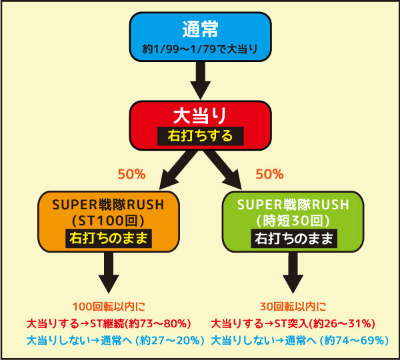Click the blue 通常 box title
click(200, 29)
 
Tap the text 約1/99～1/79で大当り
click(200, 49)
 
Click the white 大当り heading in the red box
click(200, 115)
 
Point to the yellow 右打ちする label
click(200, 136)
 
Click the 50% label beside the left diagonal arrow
click(131, 174)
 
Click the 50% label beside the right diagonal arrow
click(269, 174)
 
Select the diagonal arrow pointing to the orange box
click(179, 170)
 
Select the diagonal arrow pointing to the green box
click(223, 170)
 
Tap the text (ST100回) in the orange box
click(109, 221)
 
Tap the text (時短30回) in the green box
click(293, 221)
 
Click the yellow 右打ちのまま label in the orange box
click(109, 238)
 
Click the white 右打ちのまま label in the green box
click(294, 238)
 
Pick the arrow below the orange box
click(109, 273)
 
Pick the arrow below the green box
click(293, 273)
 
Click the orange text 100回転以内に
click(109, 307)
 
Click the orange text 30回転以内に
click(293, 307)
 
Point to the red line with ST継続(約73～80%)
click(109, 324)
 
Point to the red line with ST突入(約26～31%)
click(293, 324)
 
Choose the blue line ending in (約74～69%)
click(300, 341)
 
